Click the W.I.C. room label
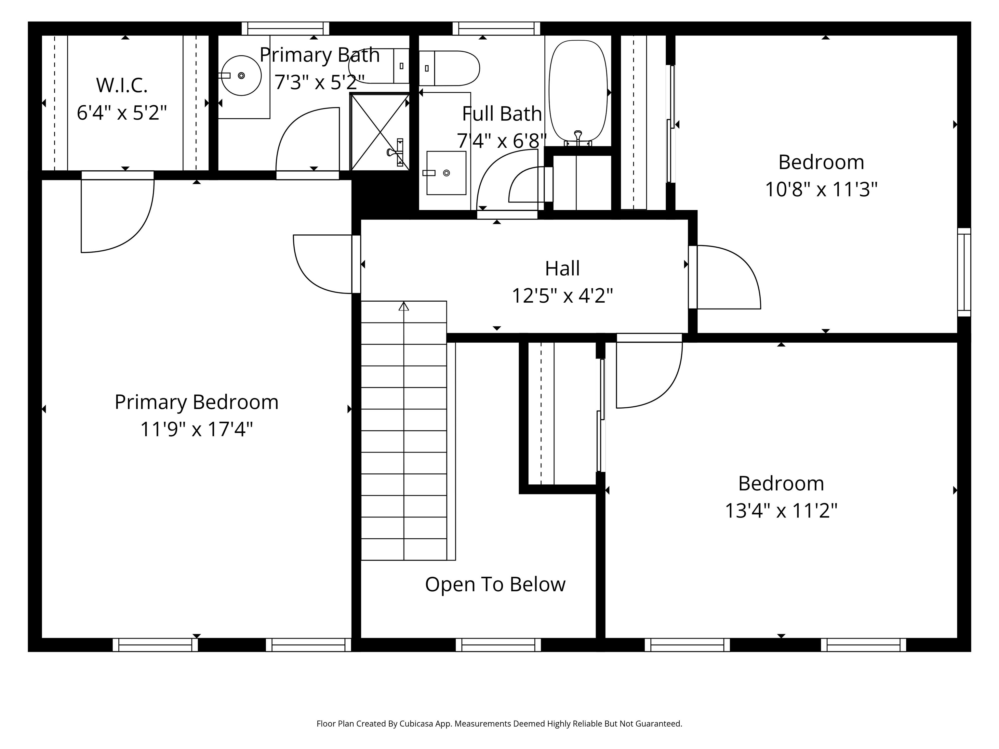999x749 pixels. [122, 85]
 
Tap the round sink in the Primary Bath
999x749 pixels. [242, 75]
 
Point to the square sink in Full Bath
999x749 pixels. [446, 173]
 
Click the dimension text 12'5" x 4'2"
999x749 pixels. [562, 296]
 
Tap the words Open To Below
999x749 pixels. [495, 584]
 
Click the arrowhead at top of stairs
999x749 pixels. [404, 307]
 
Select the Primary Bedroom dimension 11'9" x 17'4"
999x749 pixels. [196, 429]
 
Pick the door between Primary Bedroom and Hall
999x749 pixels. [323, 264]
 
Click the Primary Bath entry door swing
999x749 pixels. [307, 140]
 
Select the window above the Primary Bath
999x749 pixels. [286, 28]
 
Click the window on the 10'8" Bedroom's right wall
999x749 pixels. [964, 272]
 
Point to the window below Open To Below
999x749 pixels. [498, 645]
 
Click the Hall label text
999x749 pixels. [562, 269]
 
